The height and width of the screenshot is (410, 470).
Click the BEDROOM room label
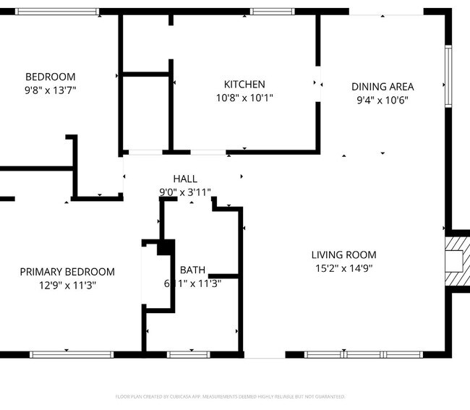pos(50,77)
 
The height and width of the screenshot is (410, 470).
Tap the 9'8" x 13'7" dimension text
pos(50,90)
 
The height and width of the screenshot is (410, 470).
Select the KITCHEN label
pos(244,84)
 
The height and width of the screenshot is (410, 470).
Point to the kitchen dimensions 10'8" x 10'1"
pos(244,98)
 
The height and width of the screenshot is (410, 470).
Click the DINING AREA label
pos(383,87)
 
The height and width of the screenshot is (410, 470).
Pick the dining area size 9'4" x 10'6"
pos(383,101)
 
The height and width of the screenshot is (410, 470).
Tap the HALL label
pos(184,179)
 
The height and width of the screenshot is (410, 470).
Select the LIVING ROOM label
pos(343,255)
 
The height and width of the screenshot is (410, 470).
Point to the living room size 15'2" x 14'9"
pos(343,268)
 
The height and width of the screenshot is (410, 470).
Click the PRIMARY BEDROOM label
pos(67,272)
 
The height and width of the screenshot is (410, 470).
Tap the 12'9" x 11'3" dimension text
pos(67,285)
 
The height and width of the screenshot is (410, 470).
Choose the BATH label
pos(192,270)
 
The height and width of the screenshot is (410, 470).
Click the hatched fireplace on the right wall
pos(457,261)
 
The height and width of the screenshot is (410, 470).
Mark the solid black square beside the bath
pos(165,247)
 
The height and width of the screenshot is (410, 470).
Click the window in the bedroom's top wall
pos(57,12)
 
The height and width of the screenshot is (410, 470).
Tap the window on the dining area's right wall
pos(448,76)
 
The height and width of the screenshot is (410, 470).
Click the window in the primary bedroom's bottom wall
pos(72,354)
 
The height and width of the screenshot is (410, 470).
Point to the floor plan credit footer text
pos(230,396)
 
